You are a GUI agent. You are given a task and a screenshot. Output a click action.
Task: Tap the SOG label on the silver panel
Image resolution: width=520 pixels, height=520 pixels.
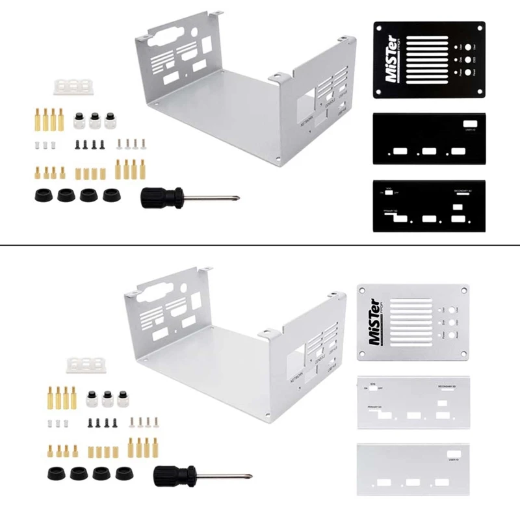tap(372, 383)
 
